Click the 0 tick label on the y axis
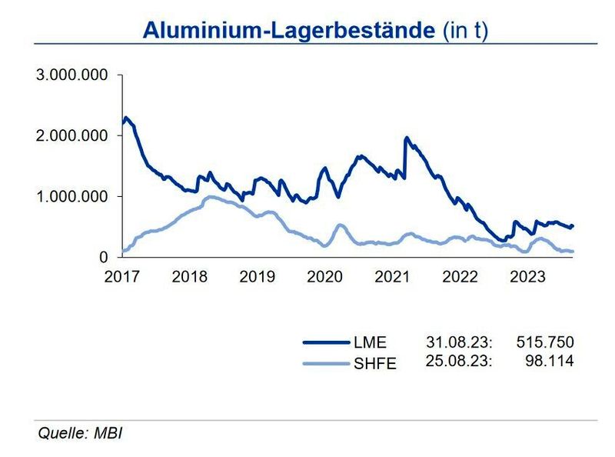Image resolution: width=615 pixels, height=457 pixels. [x=105, y=257]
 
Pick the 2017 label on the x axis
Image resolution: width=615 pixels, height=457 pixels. [x=122, y=276]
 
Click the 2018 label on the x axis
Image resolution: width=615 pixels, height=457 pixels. [x=189, y=276]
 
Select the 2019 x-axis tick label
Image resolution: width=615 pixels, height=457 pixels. [x=257, y=276]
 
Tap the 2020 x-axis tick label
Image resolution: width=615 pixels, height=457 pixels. [x=324, y=276]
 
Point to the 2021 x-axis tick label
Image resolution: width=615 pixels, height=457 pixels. [x=392, y=276]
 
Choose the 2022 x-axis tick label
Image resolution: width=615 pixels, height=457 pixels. [x=460, y=276]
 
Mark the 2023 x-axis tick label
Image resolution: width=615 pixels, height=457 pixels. [x=527, y=276]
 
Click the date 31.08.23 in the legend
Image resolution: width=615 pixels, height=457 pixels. [x=459, y=343]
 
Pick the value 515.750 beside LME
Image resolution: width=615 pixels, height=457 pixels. [x=546, y=343]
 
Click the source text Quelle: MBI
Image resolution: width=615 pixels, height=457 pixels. [x=81, y=433]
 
